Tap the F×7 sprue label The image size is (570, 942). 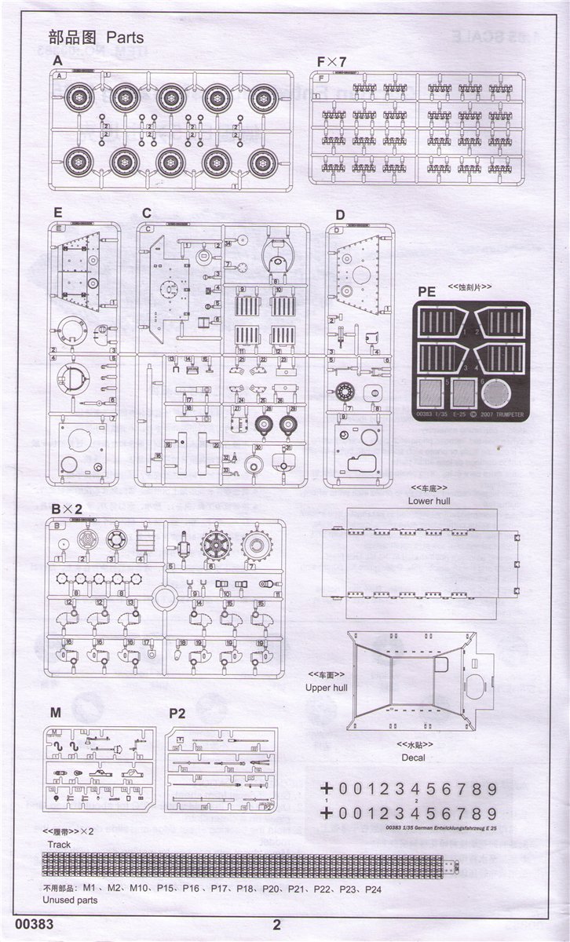(x=331, y=61)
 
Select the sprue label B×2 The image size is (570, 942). (x=67, y=509)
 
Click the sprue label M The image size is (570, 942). (x=55, y=713)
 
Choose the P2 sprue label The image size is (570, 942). (x=177, y=713)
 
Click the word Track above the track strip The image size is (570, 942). (x=59, y=845)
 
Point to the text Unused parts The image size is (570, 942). (x=70, y=900)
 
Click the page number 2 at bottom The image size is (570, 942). (x=276, y=924)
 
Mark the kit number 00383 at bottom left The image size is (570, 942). (x=34, y=924)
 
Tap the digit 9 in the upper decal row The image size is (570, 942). (x=492, y=789)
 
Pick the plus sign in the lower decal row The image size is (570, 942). (x=327, y=813)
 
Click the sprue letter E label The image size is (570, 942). (x=57, y=213)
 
